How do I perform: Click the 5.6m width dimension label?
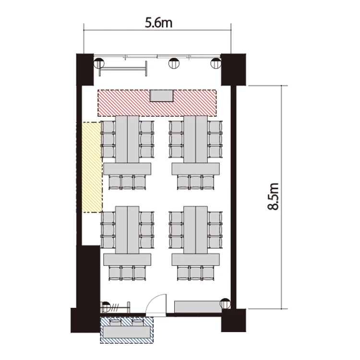158,23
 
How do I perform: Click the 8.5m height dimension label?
273,196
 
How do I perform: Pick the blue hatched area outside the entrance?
127,330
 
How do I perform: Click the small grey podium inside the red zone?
161,96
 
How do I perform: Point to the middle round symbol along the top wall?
174,63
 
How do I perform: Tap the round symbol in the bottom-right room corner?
225,303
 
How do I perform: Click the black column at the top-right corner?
233,70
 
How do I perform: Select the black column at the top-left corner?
84,70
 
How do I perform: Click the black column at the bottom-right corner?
233,320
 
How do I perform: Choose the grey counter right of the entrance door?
198,307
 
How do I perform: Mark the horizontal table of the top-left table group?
127,169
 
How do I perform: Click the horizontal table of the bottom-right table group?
196,259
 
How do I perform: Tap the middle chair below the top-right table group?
196,182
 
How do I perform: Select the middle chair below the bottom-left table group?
127,273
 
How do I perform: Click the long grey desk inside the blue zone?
127,332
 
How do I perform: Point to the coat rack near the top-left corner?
123,69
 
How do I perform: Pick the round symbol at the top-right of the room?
216,63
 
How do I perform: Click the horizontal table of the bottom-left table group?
127,259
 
